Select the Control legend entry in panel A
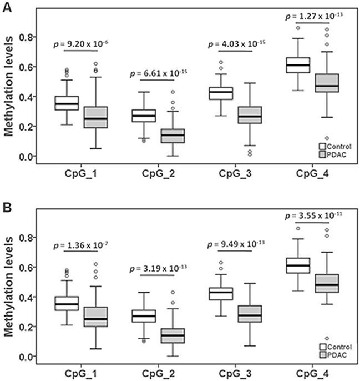click(336, 146)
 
